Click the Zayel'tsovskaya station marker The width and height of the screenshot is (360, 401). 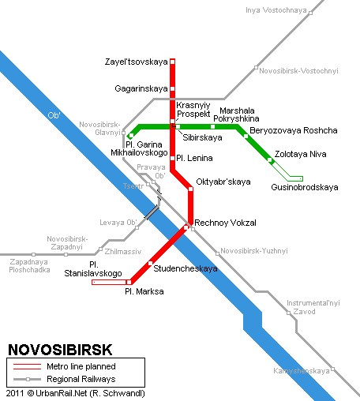click(172, 62)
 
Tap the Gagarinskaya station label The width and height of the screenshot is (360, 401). click(141, 88)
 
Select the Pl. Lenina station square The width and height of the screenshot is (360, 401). click(172, 158)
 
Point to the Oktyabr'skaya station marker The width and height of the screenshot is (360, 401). click(191, 189)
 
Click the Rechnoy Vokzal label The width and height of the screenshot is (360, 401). click(225, 223)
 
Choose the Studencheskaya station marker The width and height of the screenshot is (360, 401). click(150, 263)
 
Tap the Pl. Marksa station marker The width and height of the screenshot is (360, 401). click(129, 283)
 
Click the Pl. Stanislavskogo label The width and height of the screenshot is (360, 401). click(93, 269)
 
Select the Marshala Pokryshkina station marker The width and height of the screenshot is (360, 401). click(212, 127)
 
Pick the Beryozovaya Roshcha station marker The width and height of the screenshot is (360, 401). click(246, 136)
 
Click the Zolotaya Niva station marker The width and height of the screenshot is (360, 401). click(269, 159)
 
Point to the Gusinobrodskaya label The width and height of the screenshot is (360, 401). click(305, 187)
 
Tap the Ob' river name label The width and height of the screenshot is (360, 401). click(54, 115)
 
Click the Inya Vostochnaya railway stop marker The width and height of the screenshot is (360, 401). click(310, 13)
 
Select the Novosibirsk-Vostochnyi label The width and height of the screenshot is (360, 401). click(298, 71)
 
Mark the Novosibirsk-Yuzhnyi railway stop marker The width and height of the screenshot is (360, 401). click(217, 253)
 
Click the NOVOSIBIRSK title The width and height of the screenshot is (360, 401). click(60, 350)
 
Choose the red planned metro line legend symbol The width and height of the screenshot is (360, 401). click(27, 366)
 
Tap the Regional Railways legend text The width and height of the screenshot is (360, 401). click(81, 379)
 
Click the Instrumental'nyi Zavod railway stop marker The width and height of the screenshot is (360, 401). click(288, 313)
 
